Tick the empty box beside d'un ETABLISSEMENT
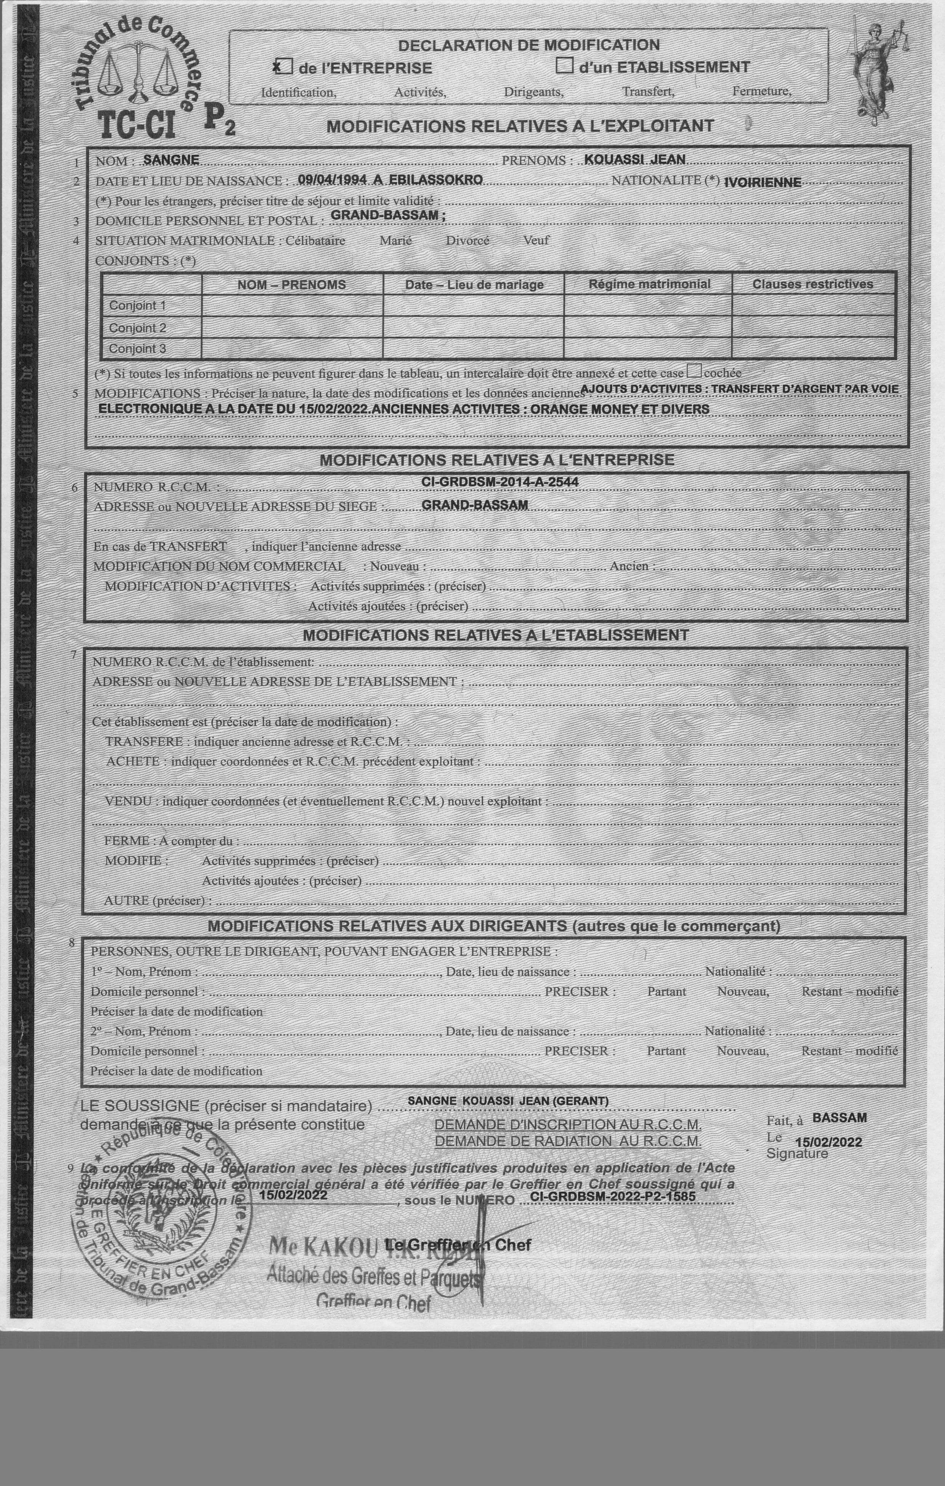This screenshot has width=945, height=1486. [564, 66]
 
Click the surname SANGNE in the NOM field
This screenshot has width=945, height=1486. [171, 160]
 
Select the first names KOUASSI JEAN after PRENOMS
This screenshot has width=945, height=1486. [635, 159]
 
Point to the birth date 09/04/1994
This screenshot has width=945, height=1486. [332, 180]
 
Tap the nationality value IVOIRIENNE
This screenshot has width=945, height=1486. [763, 182]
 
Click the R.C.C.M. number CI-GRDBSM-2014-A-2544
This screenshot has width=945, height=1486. [500, 482]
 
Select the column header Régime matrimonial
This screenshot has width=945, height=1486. [649, 284]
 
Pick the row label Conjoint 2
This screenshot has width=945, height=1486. [138, 328]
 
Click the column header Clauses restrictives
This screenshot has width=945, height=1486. [812, 284]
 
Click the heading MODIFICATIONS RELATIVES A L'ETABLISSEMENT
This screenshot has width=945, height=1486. [495, 635]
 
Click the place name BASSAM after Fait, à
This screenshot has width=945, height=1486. [839, 1118]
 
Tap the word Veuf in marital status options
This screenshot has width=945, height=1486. [536, 240]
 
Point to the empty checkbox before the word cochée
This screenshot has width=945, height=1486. [694, 371]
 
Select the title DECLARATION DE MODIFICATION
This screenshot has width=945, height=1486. [529, 45]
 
